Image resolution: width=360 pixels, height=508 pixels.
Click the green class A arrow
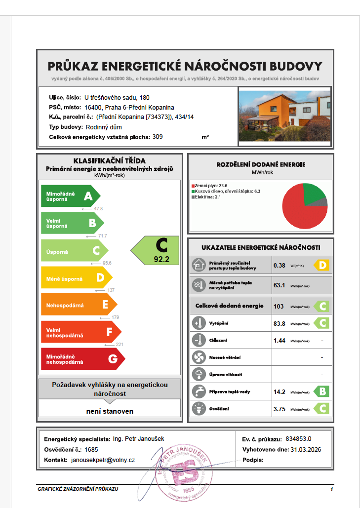tap(69, 196)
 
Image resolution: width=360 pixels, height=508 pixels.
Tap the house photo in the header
tap(284, 115)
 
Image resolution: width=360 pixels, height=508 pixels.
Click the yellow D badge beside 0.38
tap(322, 265)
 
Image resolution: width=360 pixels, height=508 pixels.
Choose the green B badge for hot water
tap(321, 391)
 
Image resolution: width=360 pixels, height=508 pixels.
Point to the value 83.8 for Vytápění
tap(280, 324)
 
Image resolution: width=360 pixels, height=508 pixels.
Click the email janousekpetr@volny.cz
tap(103, 460)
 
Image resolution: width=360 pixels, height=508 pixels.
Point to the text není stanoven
tap(110, 411)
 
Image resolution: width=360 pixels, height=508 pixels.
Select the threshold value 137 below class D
tap(111, 290)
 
